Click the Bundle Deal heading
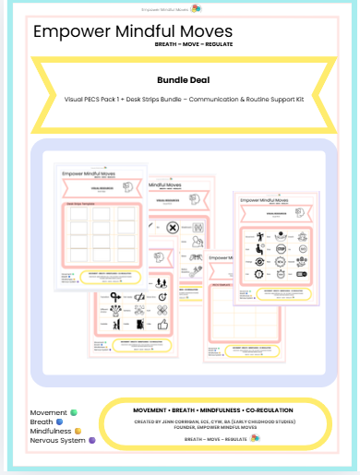[x=180, y=80]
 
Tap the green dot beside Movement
[x=74, y=412]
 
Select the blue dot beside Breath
[x=59, y=422]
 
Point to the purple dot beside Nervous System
[x=91, y=441]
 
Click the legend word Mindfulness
[x=52, y=431]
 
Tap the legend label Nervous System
[x=57, y=441]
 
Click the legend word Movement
[x=48, y=412]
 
